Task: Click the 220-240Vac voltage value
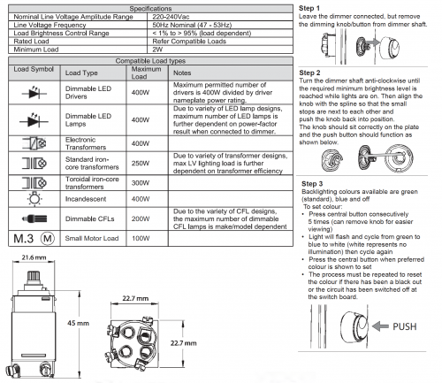coord(171,17)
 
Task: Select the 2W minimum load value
coord(157,50)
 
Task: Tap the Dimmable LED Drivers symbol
coord(34,93)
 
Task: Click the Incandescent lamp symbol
coord(34,198)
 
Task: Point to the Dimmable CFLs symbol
coord(34,218)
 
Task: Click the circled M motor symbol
coord(47,238)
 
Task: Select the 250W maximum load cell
coord(141,164)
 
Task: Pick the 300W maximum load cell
coord(141,183)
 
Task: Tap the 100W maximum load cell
coord(141,238)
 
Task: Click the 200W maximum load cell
coord(141,218)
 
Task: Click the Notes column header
coord(182,73)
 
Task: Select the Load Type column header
coord(81,73)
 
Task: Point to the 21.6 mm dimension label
coord(34,257)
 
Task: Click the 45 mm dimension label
coord(78,323)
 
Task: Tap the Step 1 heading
coord(309,8)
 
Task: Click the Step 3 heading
coord(312,184)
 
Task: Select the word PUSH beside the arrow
coord(405,326)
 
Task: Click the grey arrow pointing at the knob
coord(380,326)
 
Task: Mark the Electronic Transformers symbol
coord(34,143)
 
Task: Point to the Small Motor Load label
coord(92,238)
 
